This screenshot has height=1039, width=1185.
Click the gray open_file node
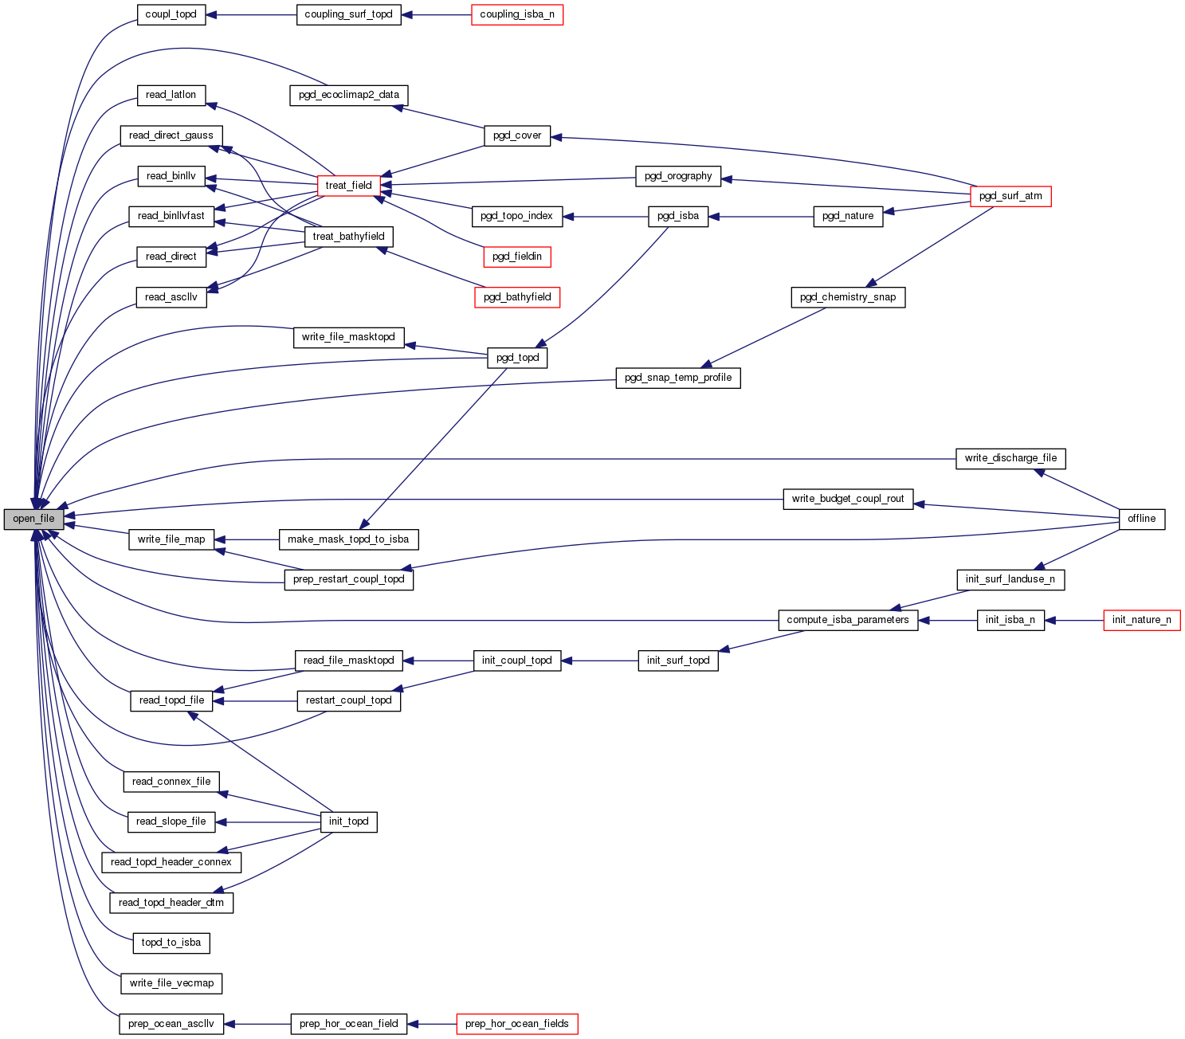click(x=33, y=519)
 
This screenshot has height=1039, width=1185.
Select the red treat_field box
click(x=348, y=186)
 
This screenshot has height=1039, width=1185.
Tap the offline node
click(x=1141, y=519)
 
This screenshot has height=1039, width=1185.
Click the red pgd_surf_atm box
click(x=1010, y=196)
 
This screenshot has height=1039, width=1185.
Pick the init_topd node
click(x=348, y=821)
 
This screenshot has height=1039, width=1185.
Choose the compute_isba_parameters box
click(x=847, y=620)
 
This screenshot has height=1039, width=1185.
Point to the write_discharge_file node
click(x=1010, y=458)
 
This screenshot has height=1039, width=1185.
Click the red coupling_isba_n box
click(x=516, y=15)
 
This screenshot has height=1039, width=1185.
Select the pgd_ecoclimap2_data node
click(x=348, y=95)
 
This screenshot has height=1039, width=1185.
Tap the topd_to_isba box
click(x=171, y=943)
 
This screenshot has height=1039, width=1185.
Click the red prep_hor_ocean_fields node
click(x=516, y=1024)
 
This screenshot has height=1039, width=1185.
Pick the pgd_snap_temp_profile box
click(x=677, y=378)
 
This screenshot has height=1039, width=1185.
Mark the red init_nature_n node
click(x=1141, y=620)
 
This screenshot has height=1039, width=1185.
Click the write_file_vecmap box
click(x=171, y=983)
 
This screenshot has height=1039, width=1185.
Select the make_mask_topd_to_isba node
click(x=348, y=539)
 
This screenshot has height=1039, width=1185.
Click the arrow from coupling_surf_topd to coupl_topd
click(x=251, y=15)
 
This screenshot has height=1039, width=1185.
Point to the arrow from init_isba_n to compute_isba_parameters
click(x=948, y=620)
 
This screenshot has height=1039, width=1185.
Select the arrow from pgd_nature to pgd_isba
click(x=760, y=216)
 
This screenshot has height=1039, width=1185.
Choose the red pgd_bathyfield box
click(x=517, y=297)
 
